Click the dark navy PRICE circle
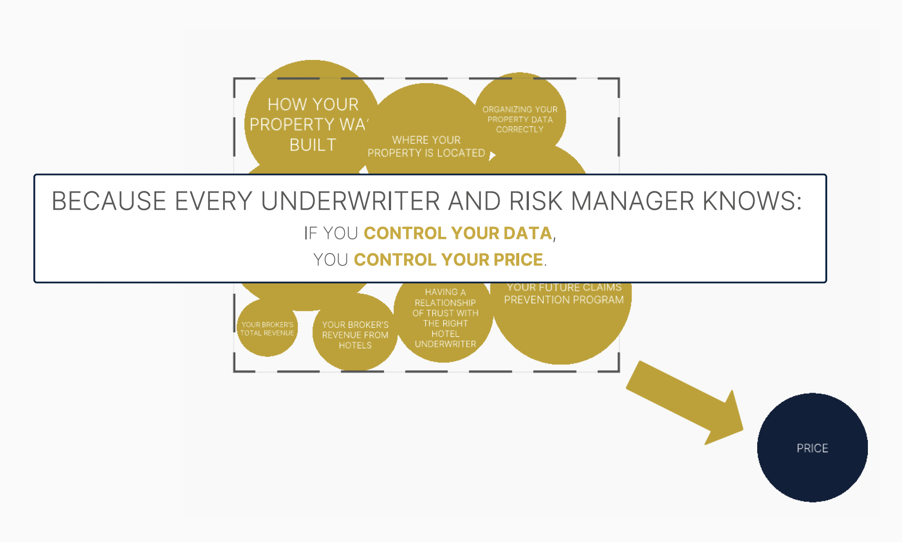click(x=812, y=447)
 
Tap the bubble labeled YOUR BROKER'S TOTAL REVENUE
click(x=267, y=328)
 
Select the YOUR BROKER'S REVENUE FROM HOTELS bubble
click(x=355, y=335)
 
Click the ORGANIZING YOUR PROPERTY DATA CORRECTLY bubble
click(x=520, y=119)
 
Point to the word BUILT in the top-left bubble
click(x=313, y=145)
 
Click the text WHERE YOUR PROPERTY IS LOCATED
click(x=426, y=146)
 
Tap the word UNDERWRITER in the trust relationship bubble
click(x=445, y=344)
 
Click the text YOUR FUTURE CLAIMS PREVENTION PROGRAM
click(x=563, y=293)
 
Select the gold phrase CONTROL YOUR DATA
click(x=458, y=233)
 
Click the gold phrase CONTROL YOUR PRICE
click(x=448, y=260)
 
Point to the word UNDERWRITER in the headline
click(x=350, y=201)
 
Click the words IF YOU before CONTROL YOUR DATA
click(x=331, y=233)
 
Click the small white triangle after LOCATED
click(x=492, y=155)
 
